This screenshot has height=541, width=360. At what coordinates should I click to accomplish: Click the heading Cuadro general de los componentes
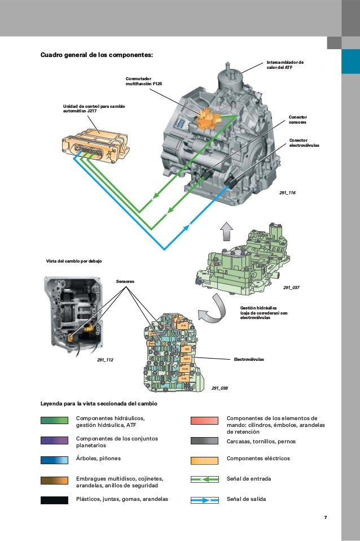[96, 55]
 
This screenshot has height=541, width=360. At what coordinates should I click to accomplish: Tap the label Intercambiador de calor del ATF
[284, 65]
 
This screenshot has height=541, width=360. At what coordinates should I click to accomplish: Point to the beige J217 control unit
[96, 143]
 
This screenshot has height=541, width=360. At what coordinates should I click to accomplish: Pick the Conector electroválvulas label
[304, 142]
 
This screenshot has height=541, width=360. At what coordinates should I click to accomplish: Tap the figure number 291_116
[287, 193]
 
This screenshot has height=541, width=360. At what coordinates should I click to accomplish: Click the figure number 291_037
[291, 287]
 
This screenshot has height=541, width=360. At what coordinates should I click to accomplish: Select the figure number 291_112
[105, 359]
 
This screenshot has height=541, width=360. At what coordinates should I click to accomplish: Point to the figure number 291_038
[219, 389]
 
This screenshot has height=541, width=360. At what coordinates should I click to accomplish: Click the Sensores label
[126, 280]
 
